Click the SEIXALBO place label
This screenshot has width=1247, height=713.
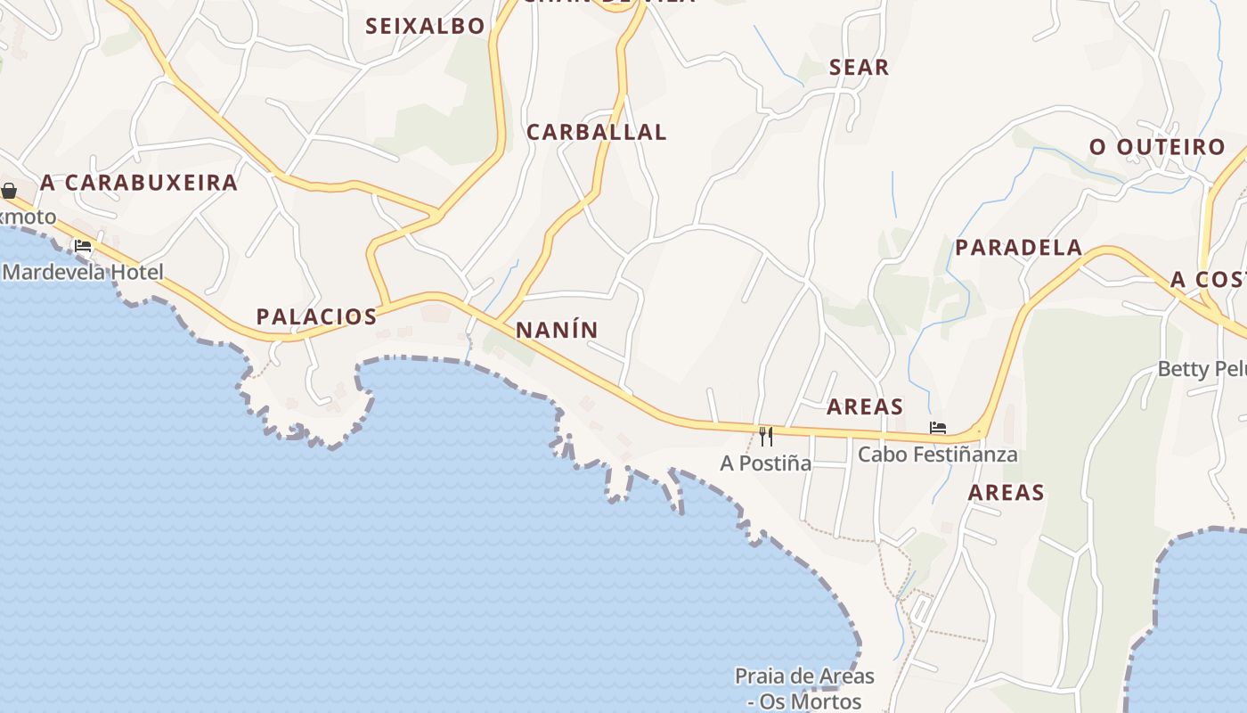425,26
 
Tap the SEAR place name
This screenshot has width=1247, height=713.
859,67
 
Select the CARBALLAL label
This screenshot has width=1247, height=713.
596,132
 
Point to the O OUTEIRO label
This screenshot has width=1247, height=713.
1157,147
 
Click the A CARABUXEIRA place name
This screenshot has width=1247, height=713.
139,183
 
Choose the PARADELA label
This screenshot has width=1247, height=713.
1018,248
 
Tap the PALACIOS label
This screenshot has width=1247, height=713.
316,316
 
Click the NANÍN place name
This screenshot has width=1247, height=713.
557,330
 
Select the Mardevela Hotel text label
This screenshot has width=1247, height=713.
84,272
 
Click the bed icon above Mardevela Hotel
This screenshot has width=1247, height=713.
84,246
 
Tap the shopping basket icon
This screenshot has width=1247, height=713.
9,191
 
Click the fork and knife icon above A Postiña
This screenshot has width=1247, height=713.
766,436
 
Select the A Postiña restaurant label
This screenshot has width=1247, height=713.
766,463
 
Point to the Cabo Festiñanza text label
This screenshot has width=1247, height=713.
937,455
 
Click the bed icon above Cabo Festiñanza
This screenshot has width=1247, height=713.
937,428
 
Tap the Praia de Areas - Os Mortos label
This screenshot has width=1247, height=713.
804,689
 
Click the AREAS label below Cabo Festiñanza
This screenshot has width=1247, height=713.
1006,493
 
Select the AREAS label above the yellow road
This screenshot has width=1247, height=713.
864,407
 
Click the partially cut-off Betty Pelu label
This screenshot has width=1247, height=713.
1202,369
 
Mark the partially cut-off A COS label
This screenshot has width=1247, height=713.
1208,279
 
